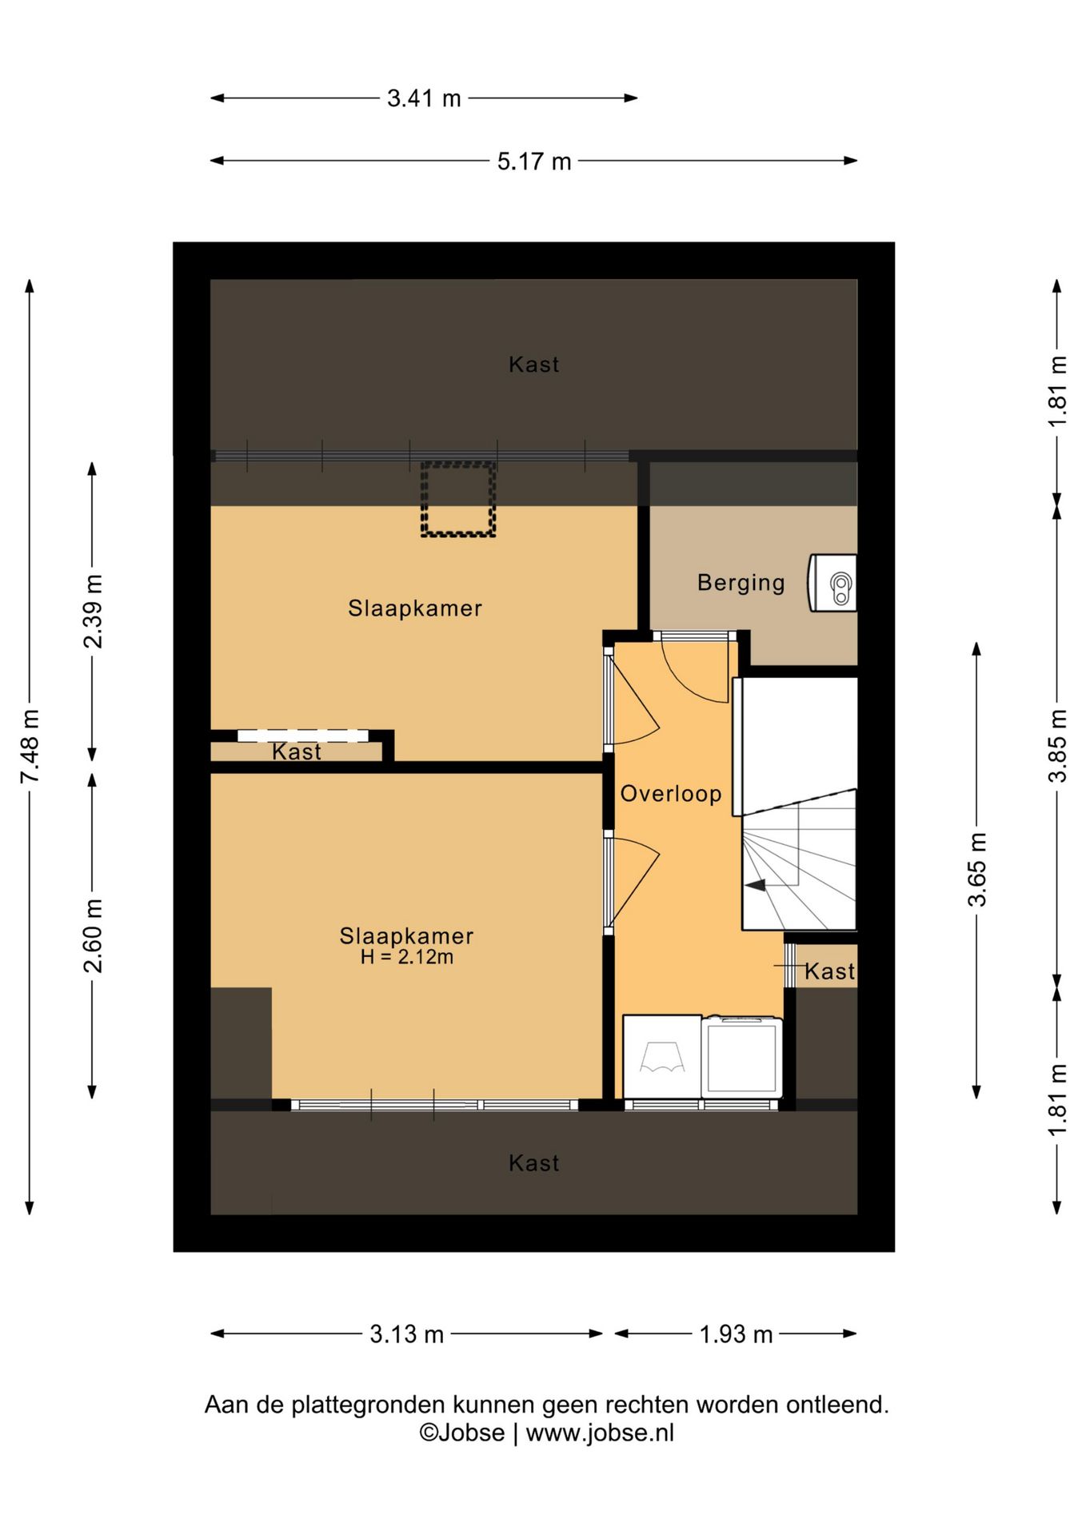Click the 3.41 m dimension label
click(424, 98)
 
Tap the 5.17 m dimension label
click(534, 161)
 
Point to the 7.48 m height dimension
click(30, 746)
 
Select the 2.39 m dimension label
click(93, 612)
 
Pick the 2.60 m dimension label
click(93, 935)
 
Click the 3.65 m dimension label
click(977, 869)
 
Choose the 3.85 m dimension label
click(1057, 746)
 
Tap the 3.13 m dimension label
click(406, 1334)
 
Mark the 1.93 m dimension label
click(736, 1334)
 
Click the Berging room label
click(741, 583)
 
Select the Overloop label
click(671, 794)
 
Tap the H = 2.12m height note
click(406, 957)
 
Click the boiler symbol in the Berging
click(832, 583)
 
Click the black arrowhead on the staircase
click(754, 885)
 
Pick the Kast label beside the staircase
click(829, 971)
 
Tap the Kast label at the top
click(533, 365)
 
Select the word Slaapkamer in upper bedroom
click(415, 608)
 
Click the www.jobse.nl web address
click(600, 1433)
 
